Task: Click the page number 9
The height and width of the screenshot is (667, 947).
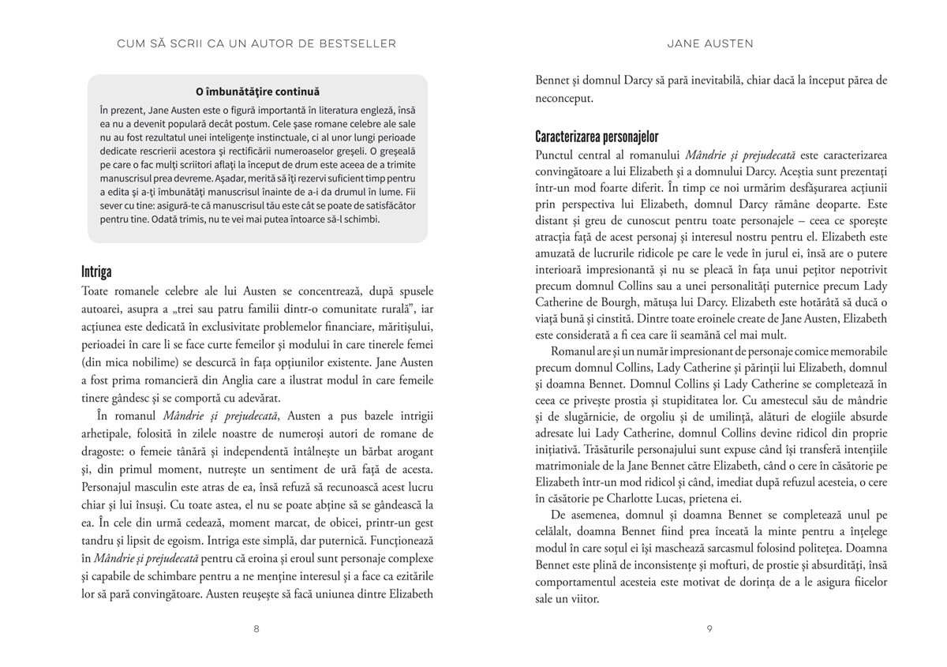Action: click(710, 629)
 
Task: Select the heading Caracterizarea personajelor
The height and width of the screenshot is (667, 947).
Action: click(597, 136)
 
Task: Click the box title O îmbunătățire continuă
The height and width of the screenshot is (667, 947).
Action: click(257, 92)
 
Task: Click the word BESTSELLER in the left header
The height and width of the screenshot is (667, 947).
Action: click(359, 43)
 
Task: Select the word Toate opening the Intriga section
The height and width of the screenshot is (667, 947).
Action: click(97, 291)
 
